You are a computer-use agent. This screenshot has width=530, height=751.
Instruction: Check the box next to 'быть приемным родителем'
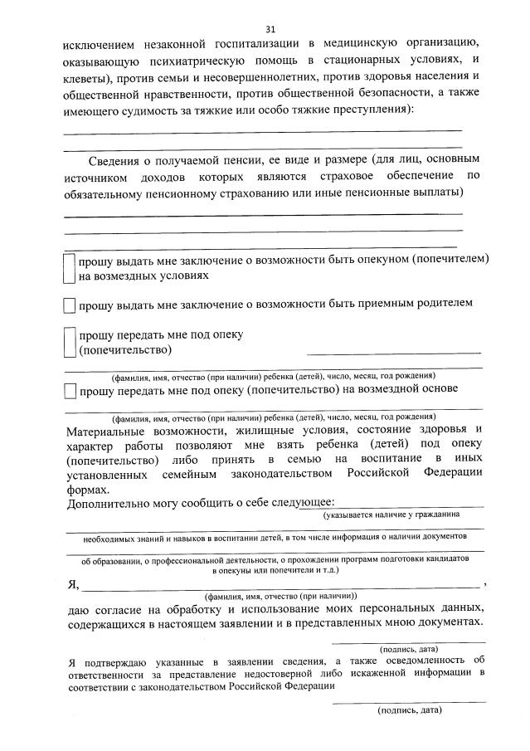70,305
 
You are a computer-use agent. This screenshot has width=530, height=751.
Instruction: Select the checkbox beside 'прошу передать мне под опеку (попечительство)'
70,342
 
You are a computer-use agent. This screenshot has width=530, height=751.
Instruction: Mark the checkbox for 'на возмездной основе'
70,389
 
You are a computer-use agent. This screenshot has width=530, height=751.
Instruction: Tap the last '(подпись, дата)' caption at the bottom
409,710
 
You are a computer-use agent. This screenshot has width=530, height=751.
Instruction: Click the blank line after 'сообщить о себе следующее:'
410,504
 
